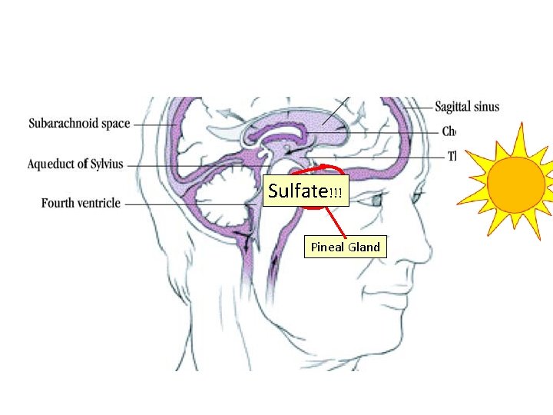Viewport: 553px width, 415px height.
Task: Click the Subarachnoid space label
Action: (79, 123)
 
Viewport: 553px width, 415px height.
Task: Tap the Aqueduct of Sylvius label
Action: (75, 164)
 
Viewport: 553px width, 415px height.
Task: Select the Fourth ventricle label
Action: (81, 204)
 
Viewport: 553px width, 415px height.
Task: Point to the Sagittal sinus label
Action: (467, 106)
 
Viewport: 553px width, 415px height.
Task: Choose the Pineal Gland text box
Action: (345, 247)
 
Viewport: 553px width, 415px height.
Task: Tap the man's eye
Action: (376, 200)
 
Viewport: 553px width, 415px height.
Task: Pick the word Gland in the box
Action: (363, 247)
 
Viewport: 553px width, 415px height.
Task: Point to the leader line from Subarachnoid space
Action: (154, 124)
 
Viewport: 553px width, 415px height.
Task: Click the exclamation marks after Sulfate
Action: (335, 193)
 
